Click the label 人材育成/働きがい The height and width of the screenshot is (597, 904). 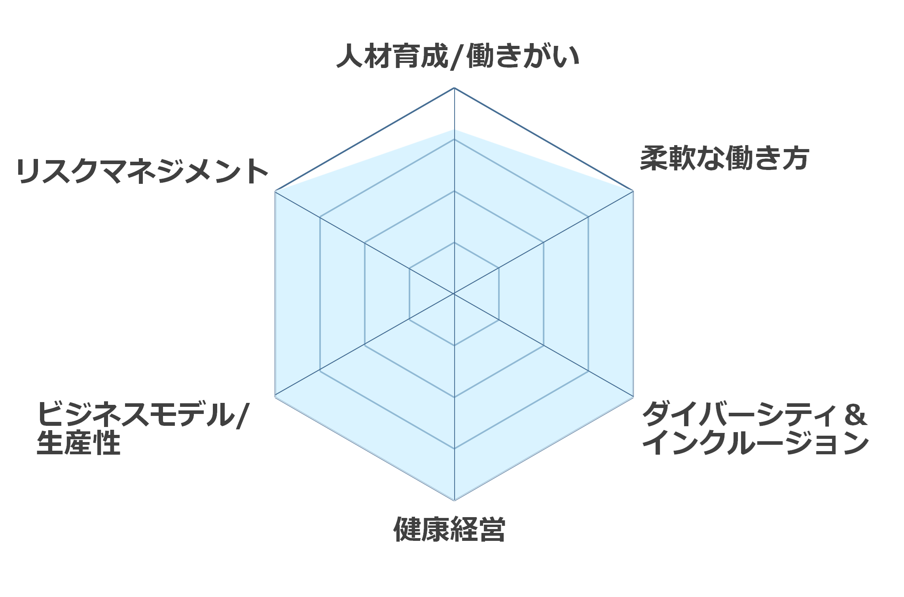(458, 56)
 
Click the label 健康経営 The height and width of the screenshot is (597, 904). (449, 529)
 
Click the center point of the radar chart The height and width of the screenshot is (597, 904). (454, 294)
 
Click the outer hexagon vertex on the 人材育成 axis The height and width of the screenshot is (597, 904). (454, 88)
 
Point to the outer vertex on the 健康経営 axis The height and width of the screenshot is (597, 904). (454, 501)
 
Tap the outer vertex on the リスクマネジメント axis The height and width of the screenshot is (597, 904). (275, 191)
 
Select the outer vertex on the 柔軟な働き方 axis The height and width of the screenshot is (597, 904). (633, 191)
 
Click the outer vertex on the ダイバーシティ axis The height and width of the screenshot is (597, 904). (633, 397)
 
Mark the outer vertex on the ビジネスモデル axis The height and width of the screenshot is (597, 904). (275, 397)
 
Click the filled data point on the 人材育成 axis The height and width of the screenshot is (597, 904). (454, 129)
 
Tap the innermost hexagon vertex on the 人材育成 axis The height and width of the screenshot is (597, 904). (454, 242)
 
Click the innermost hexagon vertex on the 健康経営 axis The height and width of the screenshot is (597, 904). (454, 346)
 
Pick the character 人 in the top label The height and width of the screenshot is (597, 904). (350, 56)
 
